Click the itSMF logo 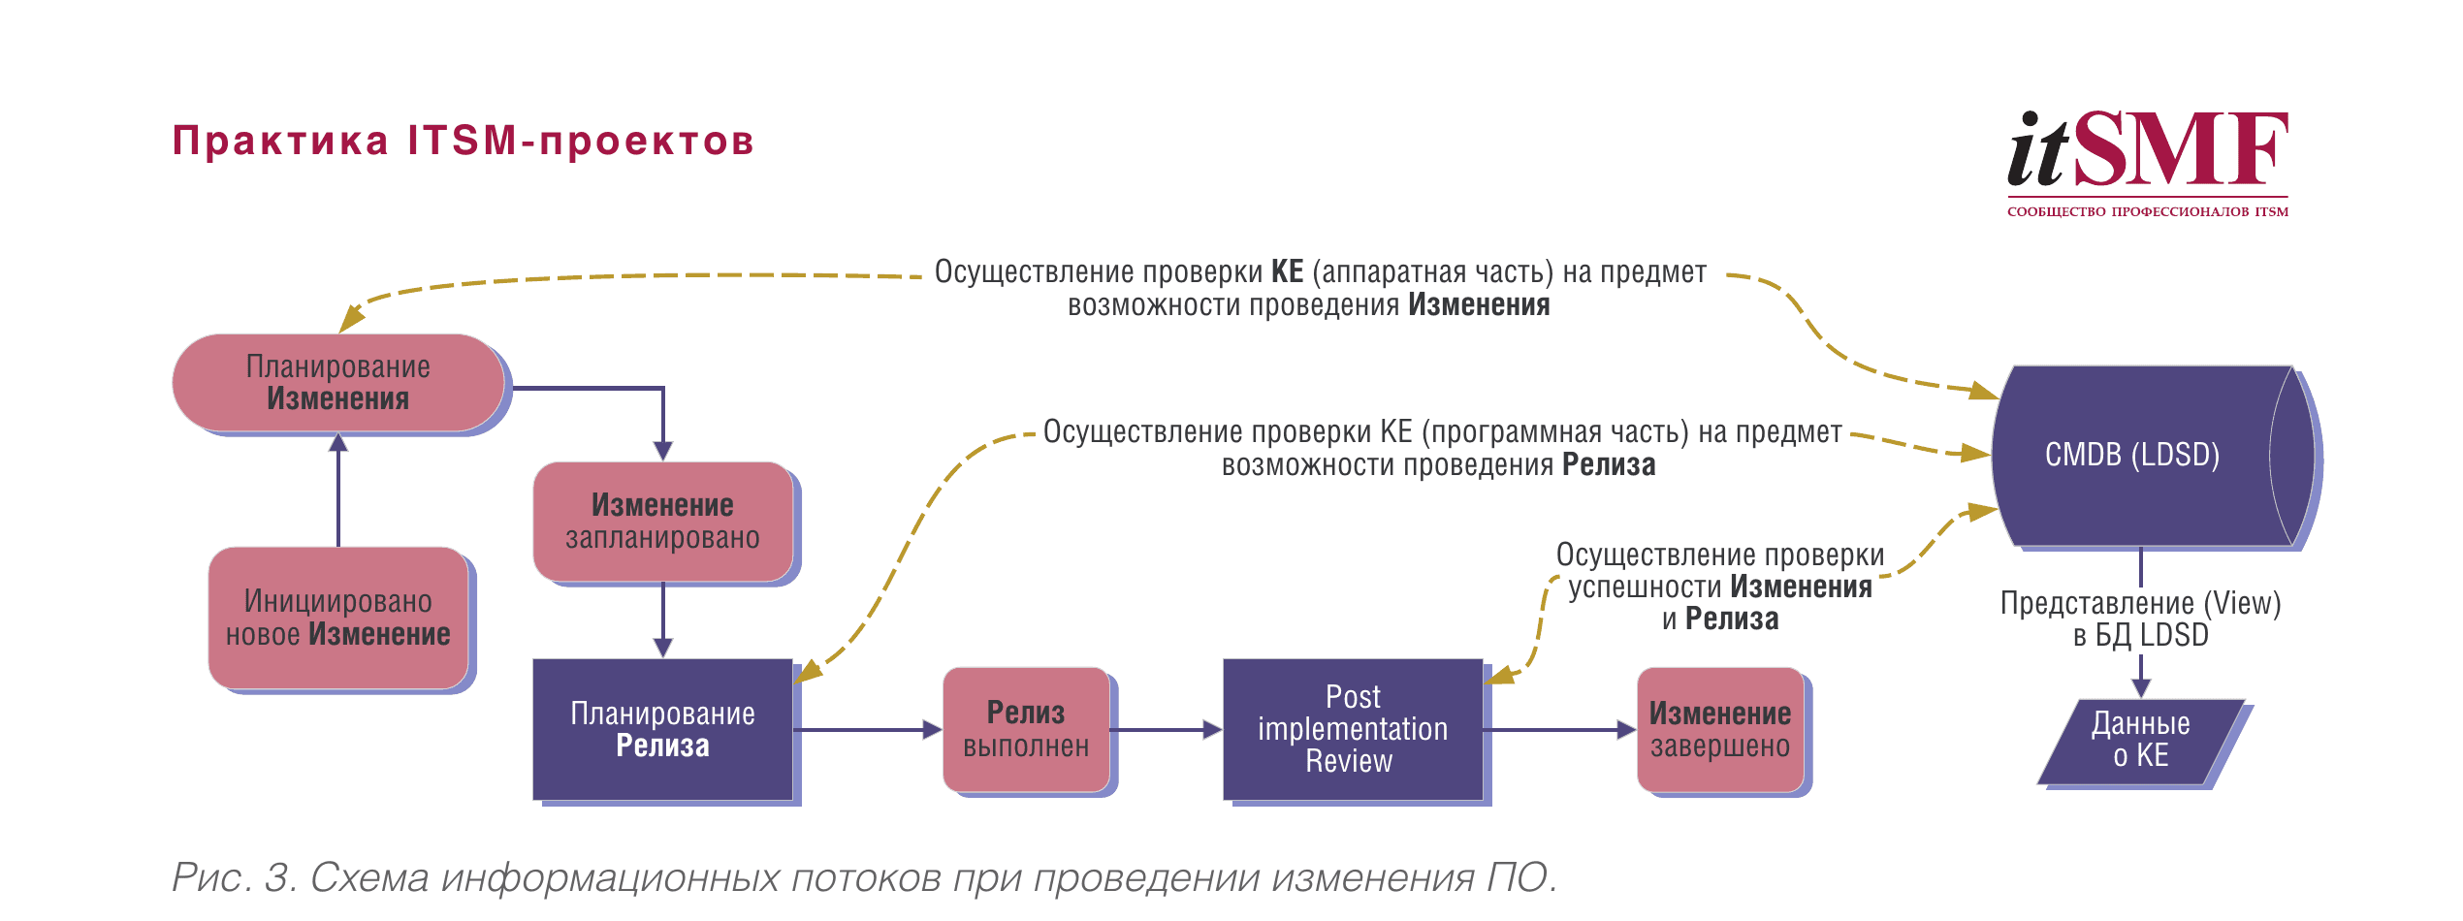tap(2147, 161)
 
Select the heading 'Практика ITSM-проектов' tap(463, 142)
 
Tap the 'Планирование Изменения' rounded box tap(337, 383)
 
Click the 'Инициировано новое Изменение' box tap(337, 619)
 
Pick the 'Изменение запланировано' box tap(662, 522)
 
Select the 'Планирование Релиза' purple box tap(662, 730)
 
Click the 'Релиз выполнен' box tap(1026, 730)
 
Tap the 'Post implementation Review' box tap(1352, 729)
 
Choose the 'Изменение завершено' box tap(1719, 730)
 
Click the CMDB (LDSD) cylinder tap(2133, 455)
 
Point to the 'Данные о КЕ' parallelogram tap(2140, 742)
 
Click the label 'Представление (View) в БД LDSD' tap(2140, 619)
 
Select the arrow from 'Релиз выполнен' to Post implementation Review tap(1165, 730)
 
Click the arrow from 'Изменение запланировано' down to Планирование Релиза tap(662, 620)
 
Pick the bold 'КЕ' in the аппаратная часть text tap(1287, 271)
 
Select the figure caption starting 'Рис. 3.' tap(863, 877)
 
